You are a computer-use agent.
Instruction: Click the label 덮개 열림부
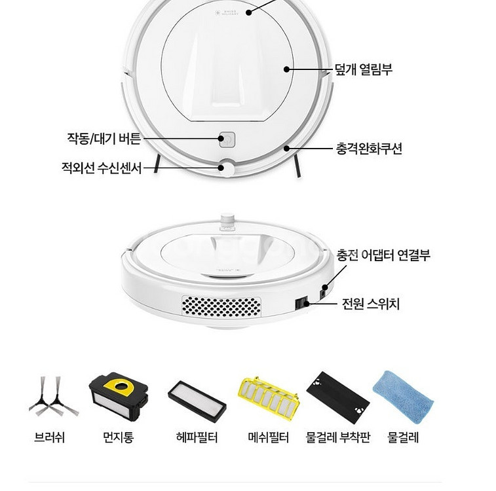coord(364,69)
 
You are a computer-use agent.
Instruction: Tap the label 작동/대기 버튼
coord(104,138)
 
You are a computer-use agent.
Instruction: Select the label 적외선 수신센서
coord(102,168)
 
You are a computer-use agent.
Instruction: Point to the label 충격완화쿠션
coord(369,149)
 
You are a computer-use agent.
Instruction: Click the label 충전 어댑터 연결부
coord(383,255)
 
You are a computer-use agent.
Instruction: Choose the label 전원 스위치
coord(371,304)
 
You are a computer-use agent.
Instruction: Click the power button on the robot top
coord(227,139)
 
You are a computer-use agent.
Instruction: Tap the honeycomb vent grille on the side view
coord(221,306)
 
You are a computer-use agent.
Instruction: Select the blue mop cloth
coord(404,398)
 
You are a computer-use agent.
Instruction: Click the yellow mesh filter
coord(268,397)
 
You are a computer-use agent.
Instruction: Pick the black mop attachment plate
coord(338,397)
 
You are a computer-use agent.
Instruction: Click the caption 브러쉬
coord(49,437)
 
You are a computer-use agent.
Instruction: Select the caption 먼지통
coord(119,437)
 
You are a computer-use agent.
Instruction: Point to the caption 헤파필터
coord(197,437)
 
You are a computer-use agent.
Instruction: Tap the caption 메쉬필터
coord(268,437)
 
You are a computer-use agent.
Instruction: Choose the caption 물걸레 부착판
coord(338,437)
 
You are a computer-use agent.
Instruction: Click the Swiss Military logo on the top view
coord(227,13)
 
